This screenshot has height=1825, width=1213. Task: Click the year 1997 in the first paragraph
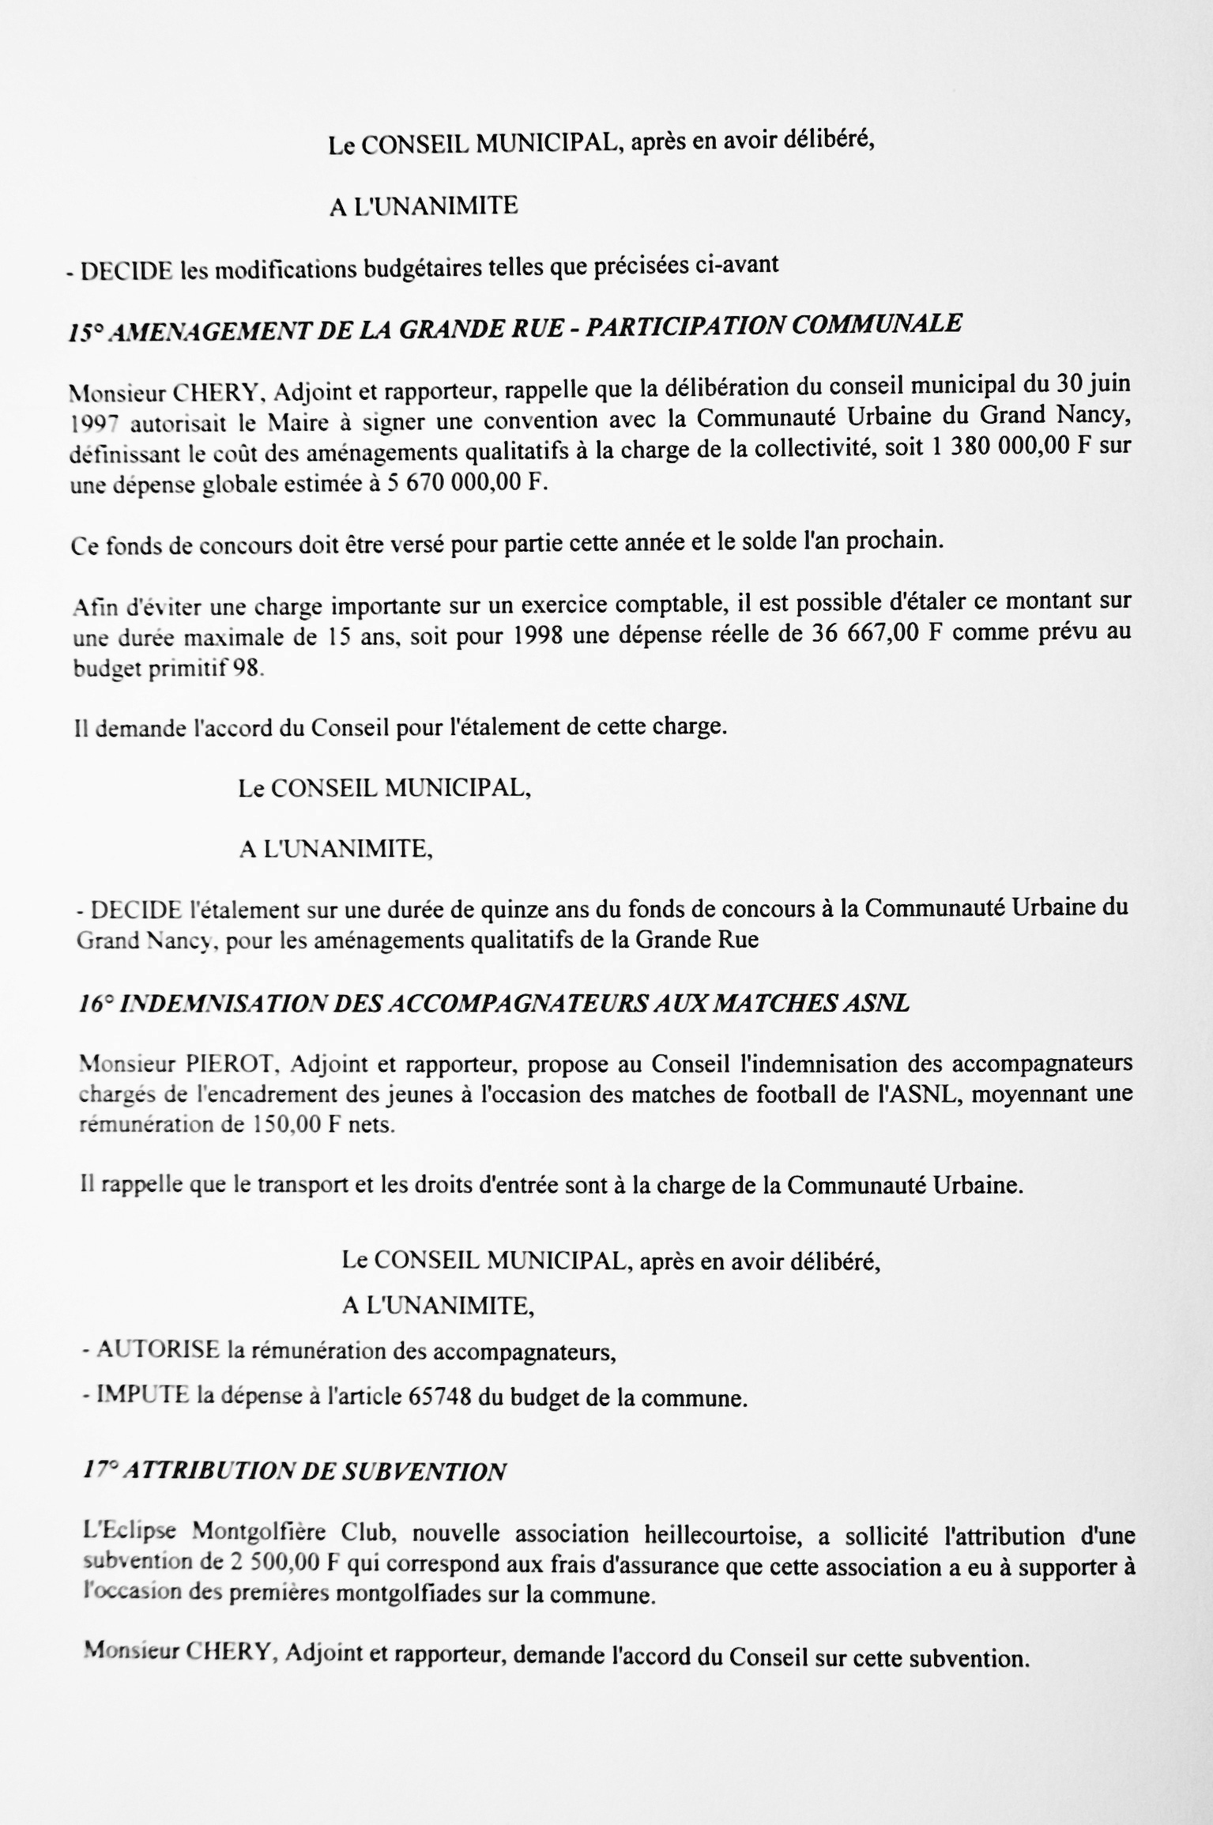93,424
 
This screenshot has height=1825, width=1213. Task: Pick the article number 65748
440,1397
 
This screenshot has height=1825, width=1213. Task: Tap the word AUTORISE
157,1349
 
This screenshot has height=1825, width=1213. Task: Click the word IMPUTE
143,1396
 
